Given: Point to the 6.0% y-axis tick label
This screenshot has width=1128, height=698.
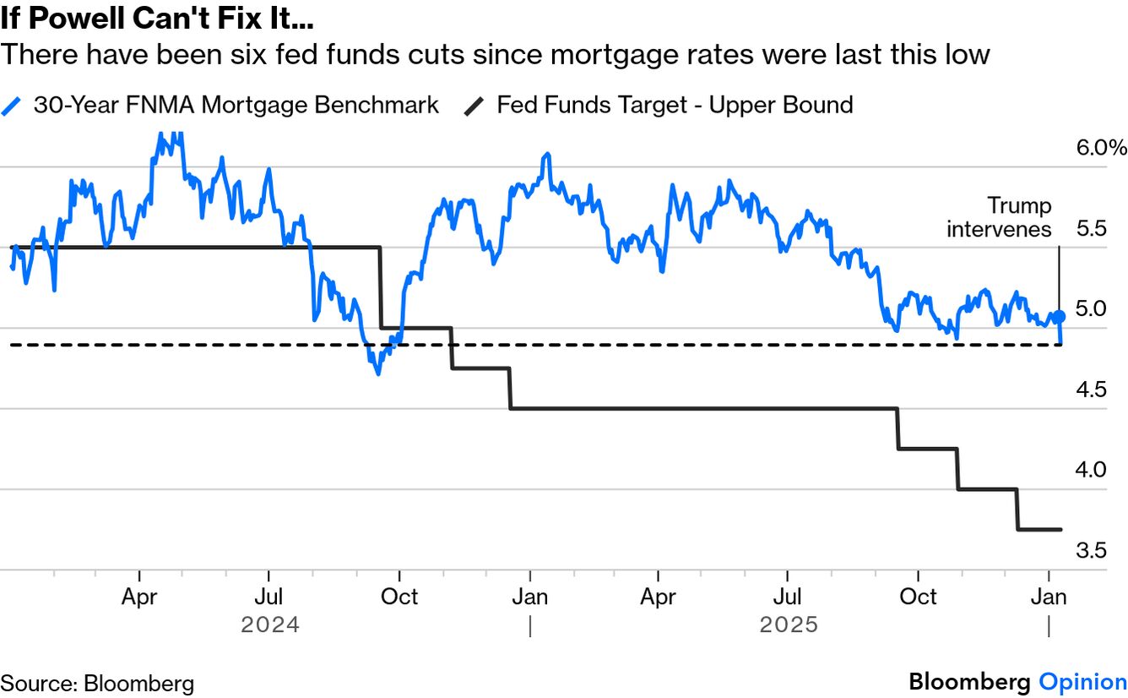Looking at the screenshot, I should coord(1100,148).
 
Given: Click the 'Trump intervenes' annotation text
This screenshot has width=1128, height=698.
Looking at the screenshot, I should coord(999,217).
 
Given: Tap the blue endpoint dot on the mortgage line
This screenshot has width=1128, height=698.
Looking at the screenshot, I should coord(1060,315).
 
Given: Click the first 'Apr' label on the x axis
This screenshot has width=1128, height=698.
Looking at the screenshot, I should coord(139,597).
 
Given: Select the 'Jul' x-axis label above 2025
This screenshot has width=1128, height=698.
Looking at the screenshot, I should coord(787,597).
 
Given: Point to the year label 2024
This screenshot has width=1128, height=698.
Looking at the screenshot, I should coord(269,625).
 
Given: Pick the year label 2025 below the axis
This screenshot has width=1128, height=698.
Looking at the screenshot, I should coord(789,625).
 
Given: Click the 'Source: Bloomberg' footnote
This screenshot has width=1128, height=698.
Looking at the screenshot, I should coord(97,683).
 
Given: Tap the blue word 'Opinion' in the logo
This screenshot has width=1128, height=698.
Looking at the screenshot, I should coord(1082,682).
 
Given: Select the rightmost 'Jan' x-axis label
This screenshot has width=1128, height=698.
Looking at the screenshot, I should coord(1048,597).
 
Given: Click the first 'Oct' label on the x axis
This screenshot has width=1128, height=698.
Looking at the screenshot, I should coord(399,597).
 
